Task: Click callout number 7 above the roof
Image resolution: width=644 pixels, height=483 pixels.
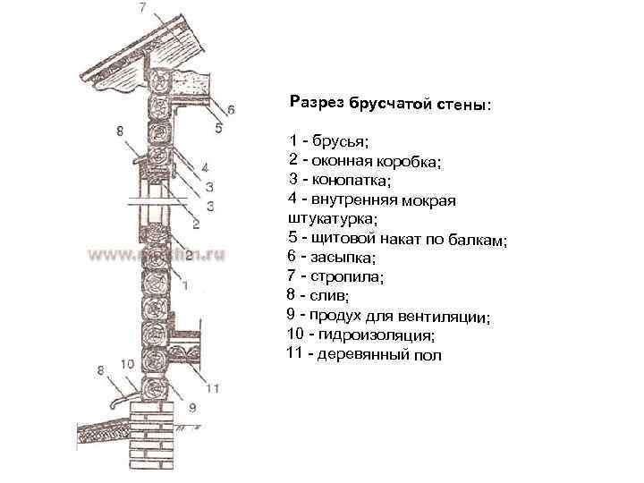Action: tap(143, 8)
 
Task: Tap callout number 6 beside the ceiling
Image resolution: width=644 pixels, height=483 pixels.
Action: tap(231, 109)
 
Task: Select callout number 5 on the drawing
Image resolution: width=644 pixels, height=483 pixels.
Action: tap(218, 129)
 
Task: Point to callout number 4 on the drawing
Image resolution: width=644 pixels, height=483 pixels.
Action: tap(205, 167)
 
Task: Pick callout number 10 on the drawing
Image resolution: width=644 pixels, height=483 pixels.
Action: tap(126, 364)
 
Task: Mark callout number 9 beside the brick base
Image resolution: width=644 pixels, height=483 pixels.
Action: tap(191, 409)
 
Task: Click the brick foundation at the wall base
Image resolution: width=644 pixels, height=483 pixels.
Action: tap(156, 438)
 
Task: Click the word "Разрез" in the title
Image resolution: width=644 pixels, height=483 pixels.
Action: tap(318, 102)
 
